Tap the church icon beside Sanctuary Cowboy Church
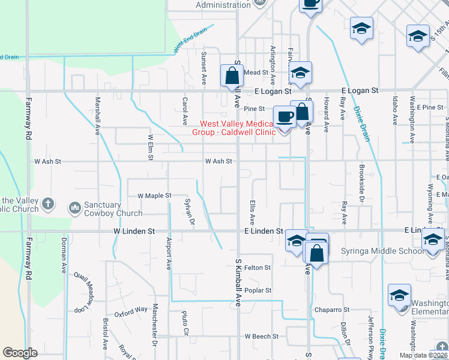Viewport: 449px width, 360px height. (75, 208)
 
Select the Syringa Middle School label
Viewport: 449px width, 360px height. (381, 251)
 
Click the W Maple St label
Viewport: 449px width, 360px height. (154, 196)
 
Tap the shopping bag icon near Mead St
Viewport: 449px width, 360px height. (231, 76)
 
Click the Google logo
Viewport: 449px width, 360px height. (20, 353)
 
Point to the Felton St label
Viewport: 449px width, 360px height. (258, 268)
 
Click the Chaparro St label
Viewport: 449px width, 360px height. (331, 310)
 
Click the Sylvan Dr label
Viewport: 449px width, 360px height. (190, 212)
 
